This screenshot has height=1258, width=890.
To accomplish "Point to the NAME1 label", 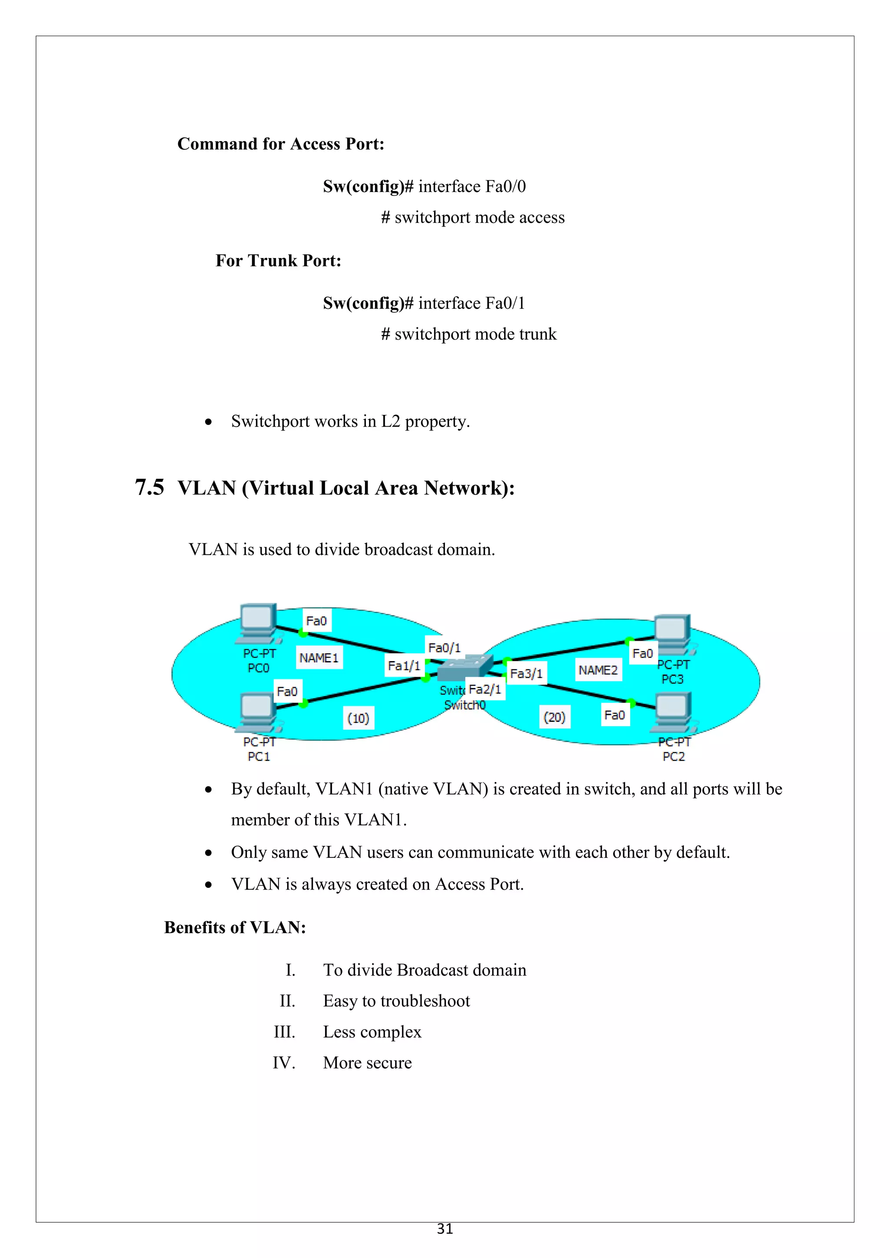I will click(319, 658).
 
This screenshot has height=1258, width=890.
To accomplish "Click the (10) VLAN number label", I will click(359, 718).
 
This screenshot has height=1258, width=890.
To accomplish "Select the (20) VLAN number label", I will click(555, 717).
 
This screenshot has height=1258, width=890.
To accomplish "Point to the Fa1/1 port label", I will click(404, 666).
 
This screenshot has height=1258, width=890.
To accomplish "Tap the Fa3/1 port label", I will click(526, 673).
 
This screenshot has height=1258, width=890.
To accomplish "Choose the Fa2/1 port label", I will click(485, 689).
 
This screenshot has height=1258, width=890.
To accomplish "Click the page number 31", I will click(445, 1229).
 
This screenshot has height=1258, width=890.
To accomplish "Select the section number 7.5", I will click(149, 487).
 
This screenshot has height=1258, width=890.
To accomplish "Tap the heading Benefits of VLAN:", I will click(235, 927).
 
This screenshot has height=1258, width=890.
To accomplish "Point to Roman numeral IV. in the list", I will click(284, 1063).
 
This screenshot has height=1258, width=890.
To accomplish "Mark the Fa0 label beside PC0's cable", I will click(316, 621).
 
